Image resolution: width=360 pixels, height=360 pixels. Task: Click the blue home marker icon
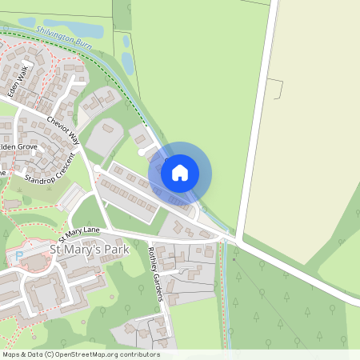click(180, 172)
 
